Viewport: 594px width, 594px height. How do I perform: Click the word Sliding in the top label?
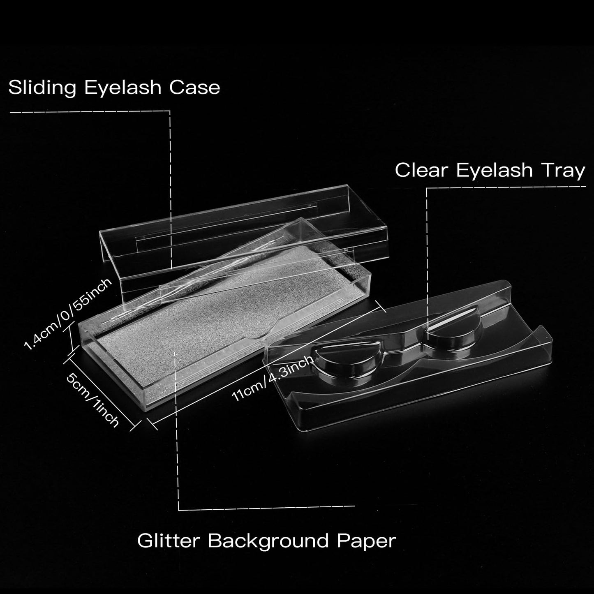[42, 88]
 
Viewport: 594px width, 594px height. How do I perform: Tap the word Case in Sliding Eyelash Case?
[194, 88]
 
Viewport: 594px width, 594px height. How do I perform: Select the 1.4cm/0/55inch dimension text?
[68, 314]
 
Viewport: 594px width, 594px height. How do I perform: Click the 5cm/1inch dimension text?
[92, 400]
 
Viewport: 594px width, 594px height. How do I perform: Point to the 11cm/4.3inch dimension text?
[273, 378]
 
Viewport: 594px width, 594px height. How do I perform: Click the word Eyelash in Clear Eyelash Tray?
[495, 171]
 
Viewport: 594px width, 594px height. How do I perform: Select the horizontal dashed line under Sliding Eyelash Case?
[90, 111]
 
